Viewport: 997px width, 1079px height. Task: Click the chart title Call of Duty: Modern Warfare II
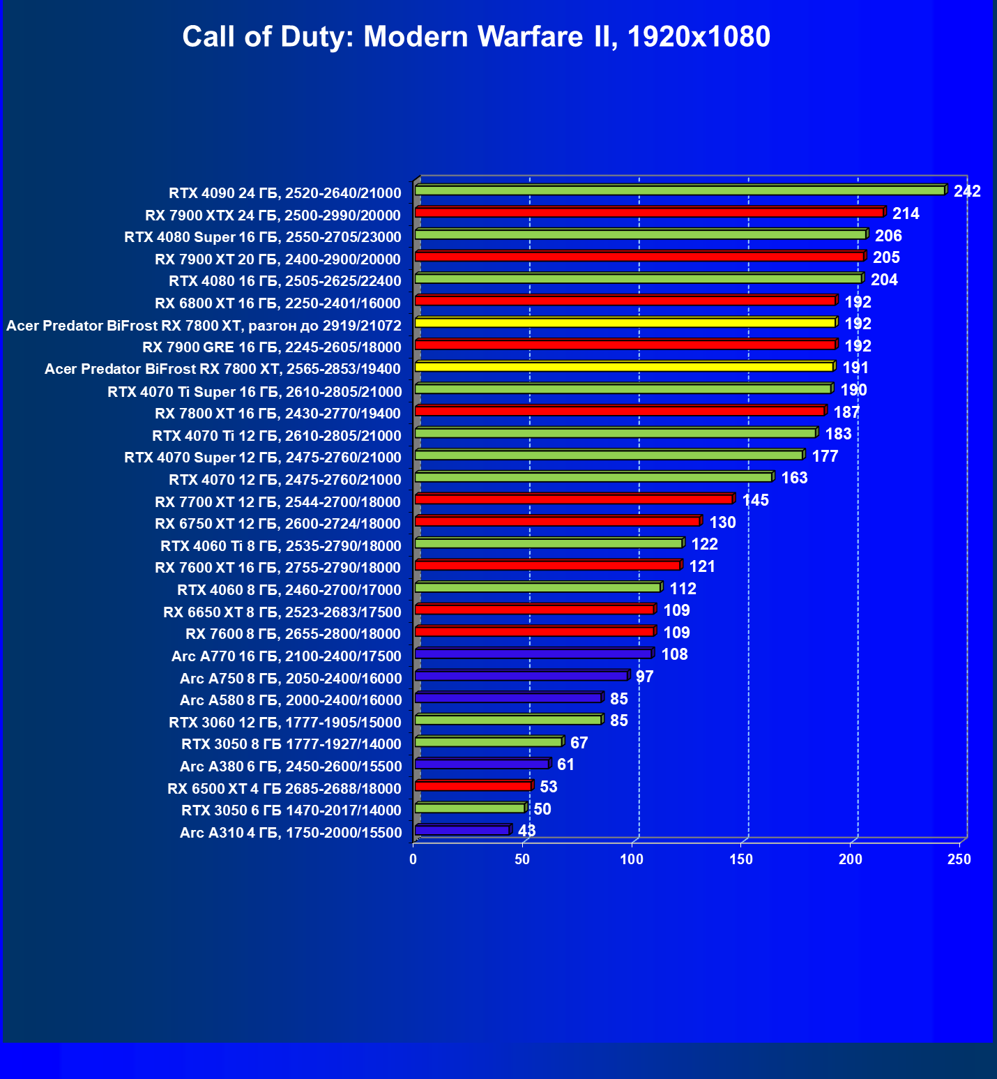click(476, 36)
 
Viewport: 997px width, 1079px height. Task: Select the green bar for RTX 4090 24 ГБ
click(680, 190)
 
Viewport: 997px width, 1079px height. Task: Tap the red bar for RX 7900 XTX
click(649, 213)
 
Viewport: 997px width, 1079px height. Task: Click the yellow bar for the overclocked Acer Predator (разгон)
click(625, 323)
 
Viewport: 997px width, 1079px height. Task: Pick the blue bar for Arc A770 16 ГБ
click(533, 654)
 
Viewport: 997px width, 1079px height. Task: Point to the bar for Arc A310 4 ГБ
click(462, 831)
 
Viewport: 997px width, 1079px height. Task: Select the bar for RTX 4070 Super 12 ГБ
click(609, 455)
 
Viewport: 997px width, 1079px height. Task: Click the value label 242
click(967, 191)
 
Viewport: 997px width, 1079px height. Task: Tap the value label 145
click(755, 500)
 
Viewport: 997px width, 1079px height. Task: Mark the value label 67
click(579, 743)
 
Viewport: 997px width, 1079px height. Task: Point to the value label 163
click(794, 478)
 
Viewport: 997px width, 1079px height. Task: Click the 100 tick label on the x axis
click(632, 860)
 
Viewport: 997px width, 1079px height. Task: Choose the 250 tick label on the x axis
click(959, 860)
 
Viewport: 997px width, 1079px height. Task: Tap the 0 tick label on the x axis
click(413, 860)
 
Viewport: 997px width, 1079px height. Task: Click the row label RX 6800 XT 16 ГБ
click(277, 303)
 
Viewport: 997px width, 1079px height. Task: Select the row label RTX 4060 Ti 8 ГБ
click(280, 546)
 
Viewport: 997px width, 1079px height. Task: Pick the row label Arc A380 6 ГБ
click(290, 767)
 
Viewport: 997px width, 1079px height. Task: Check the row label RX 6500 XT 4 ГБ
click(284, 789)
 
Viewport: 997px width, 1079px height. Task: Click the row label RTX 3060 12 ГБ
click(284, 723)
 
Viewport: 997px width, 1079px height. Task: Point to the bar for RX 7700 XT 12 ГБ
click(573, 499)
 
